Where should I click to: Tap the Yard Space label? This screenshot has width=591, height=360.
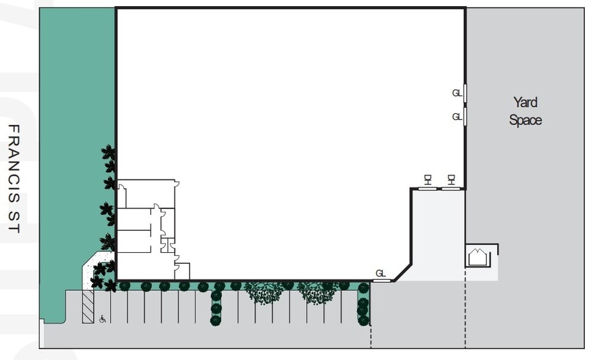(x=525, y=111)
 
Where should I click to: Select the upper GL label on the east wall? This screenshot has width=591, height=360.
(x=457, y=93)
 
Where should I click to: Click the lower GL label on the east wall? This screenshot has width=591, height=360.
(x=457, y=116)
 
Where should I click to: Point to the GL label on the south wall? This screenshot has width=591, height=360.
(x=380, y=273)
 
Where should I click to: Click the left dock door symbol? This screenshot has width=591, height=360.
(x=427, y=179)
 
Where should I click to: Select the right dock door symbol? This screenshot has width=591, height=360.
(x=451, y=179)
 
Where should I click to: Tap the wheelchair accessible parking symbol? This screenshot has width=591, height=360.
(x=103, y=318)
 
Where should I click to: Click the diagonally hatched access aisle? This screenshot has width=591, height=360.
(x=88, y=306)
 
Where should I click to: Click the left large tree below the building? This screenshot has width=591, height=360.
(x=264, y=292)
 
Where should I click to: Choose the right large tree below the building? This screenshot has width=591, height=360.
(x=317, y=292)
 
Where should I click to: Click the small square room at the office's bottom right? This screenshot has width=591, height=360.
(x=183, y=271)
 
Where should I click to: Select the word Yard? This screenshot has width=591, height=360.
(x=525, y=102)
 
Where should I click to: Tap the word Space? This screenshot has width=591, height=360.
(x=525, y=120)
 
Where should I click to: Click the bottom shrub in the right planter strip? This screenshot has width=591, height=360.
(x=363, y=320)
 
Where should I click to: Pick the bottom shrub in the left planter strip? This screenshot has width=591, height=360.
(x=216, y=320)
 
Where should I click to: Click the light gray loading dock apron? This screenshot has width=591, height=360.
(x=438, y=233)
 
